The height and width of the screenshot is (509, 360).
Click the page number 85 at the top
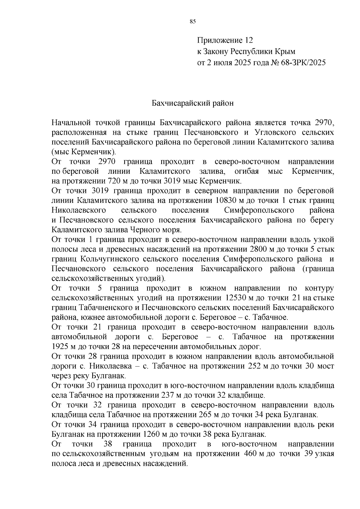point(193,21)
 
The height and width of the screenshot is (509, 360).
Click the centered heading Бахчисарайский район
point(192,104)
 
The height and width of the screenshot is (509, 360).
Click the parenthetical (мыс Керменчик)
point(84,152)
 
